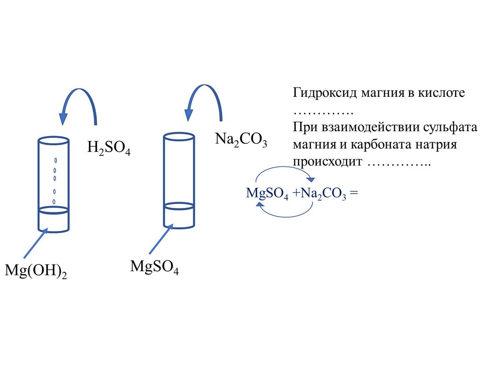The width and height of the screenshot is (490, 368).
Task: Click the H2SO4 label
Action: click(x=109, y=148)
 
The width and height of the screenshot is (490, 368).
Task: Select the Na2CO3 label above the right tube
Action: click(x=241, y=140)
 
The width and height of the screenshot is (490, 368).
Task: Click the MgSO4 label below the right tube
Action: click(x=155, y=267)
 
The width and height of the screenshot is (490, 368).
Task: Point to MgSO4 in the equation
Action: click(x=267, y=194)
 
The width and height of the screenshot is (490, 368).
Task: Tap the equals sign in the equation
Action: click(x=354, y=193)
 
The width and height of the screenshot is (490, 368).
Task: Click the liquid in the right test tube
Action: click(x=178, y=215)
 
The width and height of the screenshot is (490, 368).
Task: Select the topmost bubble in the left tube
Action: click(x=55, y=160)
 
